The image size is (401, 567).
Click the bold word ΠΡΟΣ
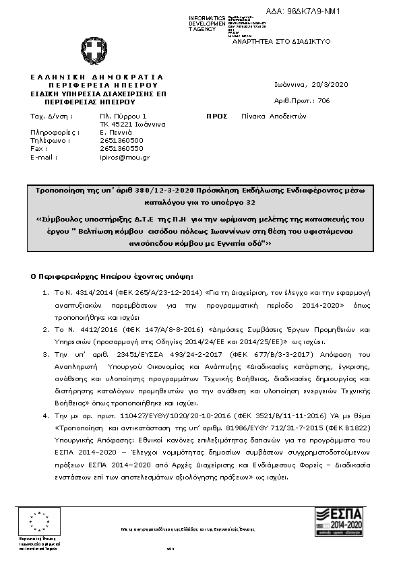(x=216, y=116)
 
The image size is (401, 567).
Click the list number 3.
(x=45, y=354)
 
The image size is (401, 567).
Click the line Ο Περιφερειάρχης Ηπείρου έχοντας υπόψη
(x=112, y=276)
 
